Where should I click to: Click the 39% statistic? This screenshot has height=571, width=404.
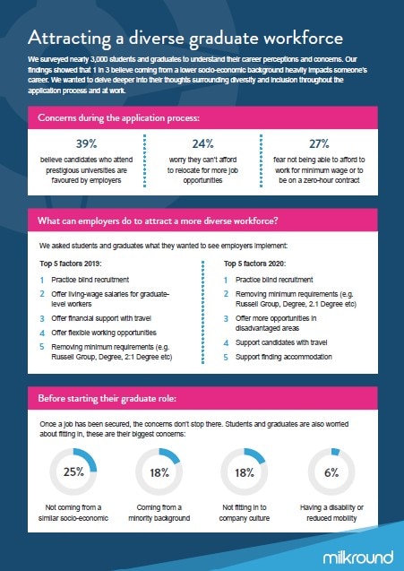[86, 143]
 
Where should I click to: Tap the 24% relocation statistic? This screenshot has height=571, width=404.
[202, 143]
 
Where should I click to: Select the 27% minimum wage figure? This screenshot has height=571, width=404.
[319, 143]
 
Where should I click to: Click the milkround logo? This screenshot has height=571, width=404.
[358, 558]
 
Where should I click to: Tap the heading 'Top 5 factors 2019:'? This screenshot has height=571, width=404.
[71, 264]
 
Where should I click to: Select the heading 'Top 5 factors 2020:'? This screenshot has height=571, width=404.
[254, 264]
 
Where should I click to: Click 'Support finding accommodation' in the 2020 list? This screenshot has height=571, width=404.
[284, 357]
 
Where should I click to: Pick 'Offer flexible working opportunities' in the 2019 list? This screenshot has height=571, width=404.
[104, 333]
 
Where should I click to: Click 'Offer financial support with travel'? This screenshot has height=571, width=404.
[101, 318]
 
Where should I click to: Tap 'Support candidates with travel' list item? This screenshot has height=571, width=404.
[281, 342]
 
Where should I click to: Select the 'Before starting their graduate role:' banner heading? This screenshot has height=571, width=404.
[107, 398]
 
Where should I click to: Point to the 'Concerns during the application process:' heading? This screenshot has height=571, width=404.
[118, 118]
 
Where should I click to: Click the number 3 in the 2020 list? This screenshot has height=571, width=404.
[226, 318]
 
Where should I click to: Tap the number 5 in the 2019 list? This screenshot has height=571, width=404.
[42, 347]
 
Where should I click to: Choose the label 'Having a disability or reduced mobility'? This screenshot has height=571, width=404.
[331, 513]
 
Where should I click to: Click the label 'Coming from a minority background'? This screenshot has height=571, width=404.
[159, 513]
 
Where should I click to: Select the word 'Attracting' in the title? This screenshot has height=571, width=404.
[69, 39]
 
